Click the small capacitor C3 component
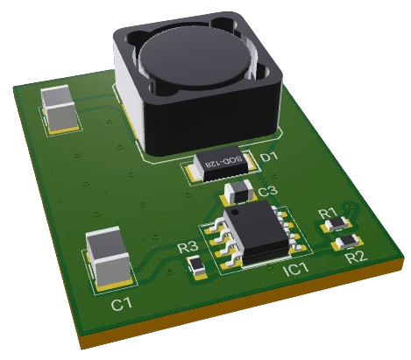pyautogui.click(x=237, y=192)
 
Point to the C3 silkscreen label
pyautogui.click(x=267, y=191)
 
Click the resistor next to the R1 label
pyautogui.click(x=337, y=224)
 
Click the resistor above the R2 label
pyautogui.click(x=349, y=240)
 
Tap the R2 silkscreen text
pyautogui.click(x=355, y=257)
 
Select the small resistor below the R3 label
pyautogui.click(x=197, y=265)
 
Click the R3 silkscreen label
pyautogui.click(x=188, y=248)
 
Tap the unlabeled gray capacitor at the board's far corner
pyautogui.click(x=61, y=107)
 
